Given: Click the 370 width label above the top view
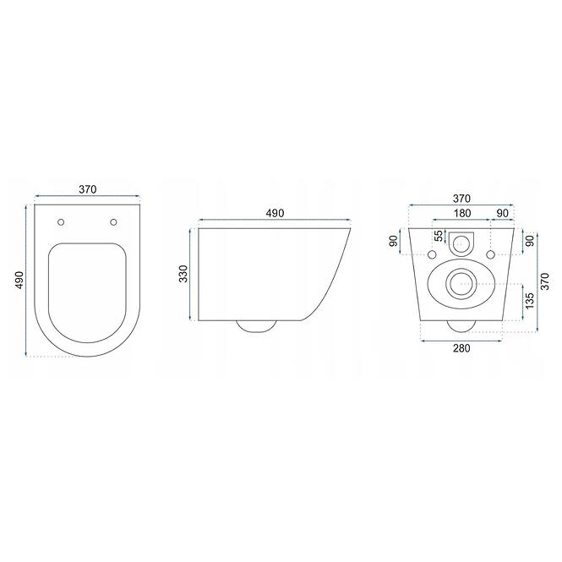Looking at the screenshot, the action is tap(88, 189).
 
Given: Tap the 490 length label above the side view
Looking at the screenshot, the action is tap(275, 213).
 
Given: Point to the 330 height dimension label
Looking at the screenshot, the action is tap(183, 274).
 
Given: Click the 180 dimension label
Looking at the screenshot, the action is tap(462, 213).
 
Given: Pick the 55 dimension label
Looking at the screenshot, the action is tap(439, 236).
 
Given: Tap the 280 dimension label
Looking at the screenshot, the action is tap(461, 348).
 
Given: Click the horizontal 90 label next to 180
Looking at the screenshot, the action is tap(503, 213).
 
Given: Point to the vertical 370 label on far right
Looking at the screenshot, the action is tap(544, 281).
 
